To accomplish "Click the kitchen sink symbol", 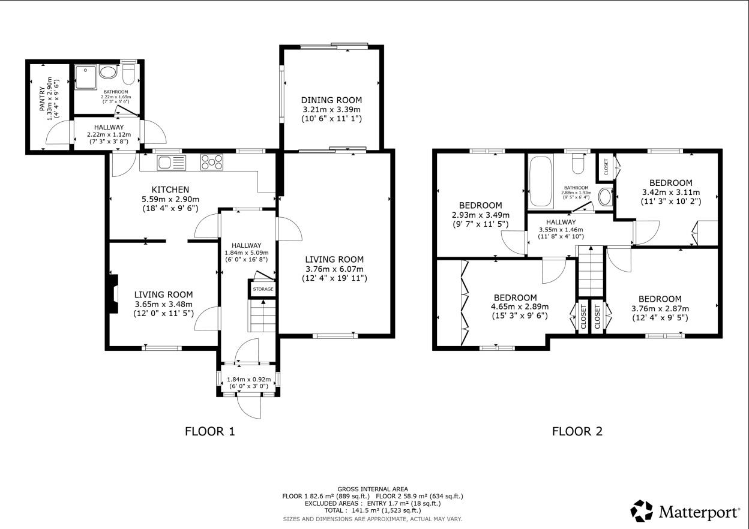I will tap(171, 162).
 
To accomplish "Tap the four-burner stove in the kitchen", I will tap(212, 162).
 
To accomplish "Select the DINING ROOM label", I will tap(331, 100).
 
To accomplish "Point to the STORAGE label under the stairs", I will tap(263, 289).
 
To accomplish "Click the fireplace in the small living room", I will tap(113, 294).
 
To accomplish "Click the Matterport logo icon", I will tap(641, 511).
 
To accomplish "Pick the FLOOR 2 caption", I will tap(577, 431).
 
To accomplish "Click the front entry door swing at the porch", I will tap(249, 408).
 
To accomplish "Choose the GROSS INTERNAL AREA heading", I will tap(372, 489).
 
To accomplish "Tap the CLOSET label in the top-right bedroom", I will tap(605, 166).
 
